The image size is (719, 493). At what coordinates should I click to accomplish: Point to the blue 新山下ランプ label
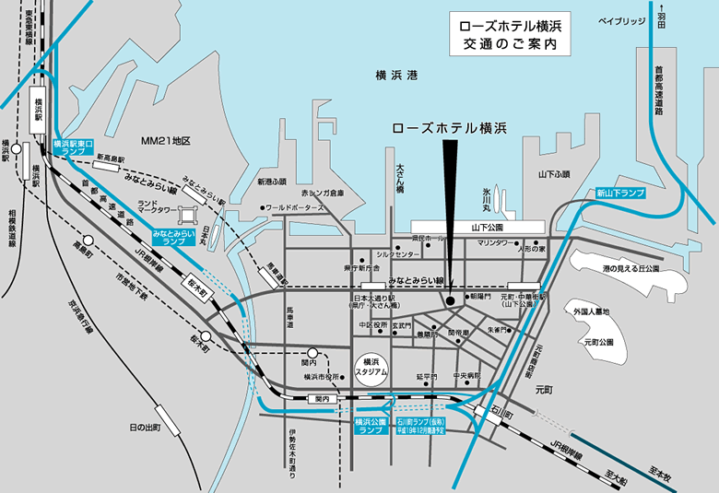[x=619, y=194]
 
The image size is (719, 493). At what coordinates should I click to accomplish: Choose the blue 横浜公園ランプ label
[x=369, y=426]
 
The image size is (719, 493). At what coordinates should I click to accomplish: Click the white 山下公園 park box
[x=477, y=226]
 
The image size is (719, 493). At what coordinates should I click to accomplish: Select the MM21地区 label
[x=165, y=141]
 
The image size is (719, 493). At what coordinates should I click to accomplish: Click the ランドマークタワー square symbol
[x=186, y=217]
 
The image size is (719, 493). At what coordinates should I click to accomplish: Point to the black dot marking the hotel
[x=449, y=299]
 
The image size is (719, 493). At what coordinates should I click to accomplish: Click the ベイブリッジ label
[x=621, y=19]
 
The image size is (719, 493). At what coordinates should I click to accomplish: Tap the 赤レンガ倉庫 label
[x=322, y=194]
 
